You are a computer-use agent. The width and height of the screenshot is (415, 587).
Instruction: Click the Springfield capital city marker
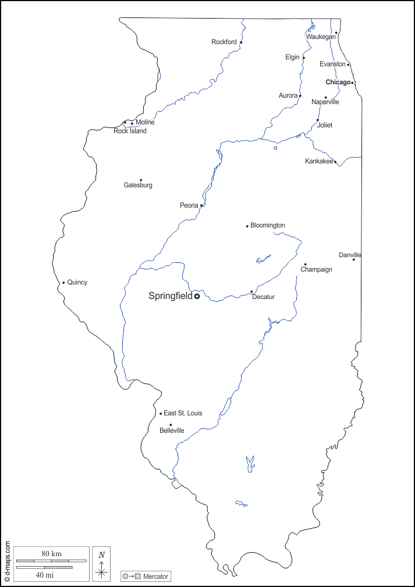[197, 296]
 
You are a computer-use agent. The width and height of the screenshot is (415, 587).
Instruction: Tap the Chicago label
[338, 82]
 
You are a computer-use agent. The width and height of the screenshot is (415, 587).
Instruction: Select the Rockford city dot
[241, 42]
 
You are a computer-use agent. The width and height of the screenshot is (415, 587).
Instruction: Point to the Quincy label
[77, 282]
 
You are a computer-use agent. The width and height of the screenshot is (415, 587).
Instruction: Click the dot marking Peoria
[201, 205]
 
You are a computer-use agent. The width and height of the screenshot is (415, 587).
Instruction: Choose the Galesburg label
[138, 185]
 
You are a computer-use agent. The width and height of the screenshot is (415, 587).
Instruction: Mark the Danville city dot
[353, 259]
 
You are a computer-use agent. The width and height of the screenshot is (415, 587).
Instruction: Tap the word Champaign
[317, 269]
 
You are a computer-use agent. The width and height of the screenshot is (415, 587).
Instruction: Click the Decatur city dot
[251, 291]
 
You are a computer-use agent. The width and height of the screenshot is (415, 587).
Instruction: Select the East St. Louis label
[183, 413]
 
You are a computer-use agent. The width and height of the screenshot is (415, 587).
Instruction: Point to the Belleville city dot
[171, 425]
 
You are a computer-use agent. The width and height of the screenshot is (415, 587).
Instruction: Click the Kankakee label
[319, 161]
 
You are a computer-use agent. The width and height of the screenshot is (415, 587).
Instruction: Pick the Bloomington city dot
[247, 226]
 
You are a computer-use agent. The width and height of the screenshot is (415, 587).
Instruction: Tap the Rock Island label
[130, 131]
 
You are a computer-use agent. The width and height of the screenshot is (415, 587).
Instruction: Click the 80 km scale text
[51, 553]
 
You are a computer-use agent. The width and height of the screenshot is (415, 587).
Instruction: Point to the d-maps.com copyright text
[7, 561]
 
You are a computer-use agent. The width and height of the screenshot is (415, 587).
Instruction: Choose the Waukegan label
[321, 37]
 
